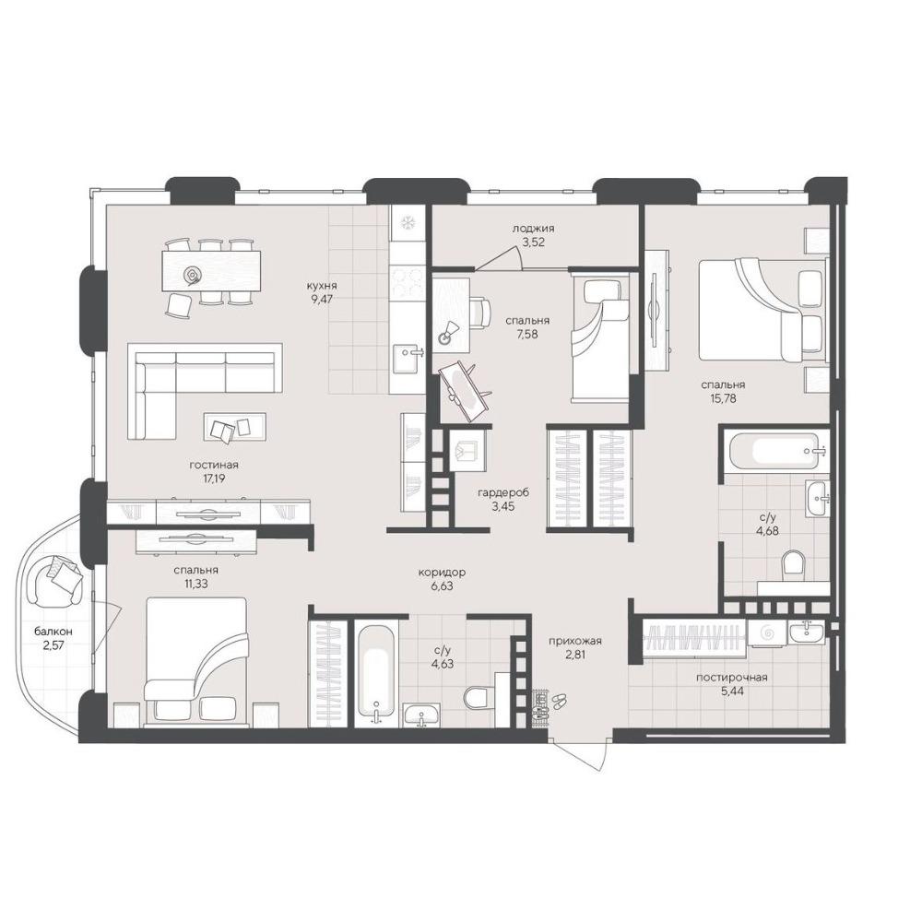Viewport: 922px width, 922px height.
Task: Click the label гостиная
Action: tap(214, 465)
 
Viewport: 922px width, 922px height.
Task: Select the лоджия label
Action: tap(533, 228)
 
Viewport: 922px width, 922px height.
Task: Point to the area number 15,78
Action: tap(723, 398)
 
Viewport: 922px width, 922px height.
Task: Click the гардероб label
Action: tap(503, 492)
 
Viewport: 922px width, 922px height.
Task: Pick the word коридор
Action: tap(442, 573)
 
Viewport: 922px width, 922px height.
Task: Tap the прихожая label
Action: tap(575, 642)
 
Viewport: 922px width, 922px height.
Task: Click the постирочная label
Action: tap(731, 678)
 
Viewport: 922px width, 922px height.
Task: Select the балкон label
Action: tap(53, 632)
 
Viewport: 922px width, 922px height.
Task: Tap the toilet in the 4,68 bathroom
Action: tap(793, 563)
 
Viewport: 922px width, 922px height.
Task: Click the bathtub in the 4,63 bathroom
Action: tap(375, 671)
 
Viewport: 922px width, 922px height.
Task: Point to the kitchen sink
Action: tap(408, 359)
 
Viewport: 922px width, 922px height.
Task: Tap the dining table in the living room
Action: tap(212, 271)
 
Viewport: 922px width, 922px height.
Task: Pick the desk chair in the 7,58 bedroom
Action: tap(481, 312)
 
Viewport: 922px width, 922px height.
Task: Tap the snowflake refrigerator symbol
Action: tap(408, 223)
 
